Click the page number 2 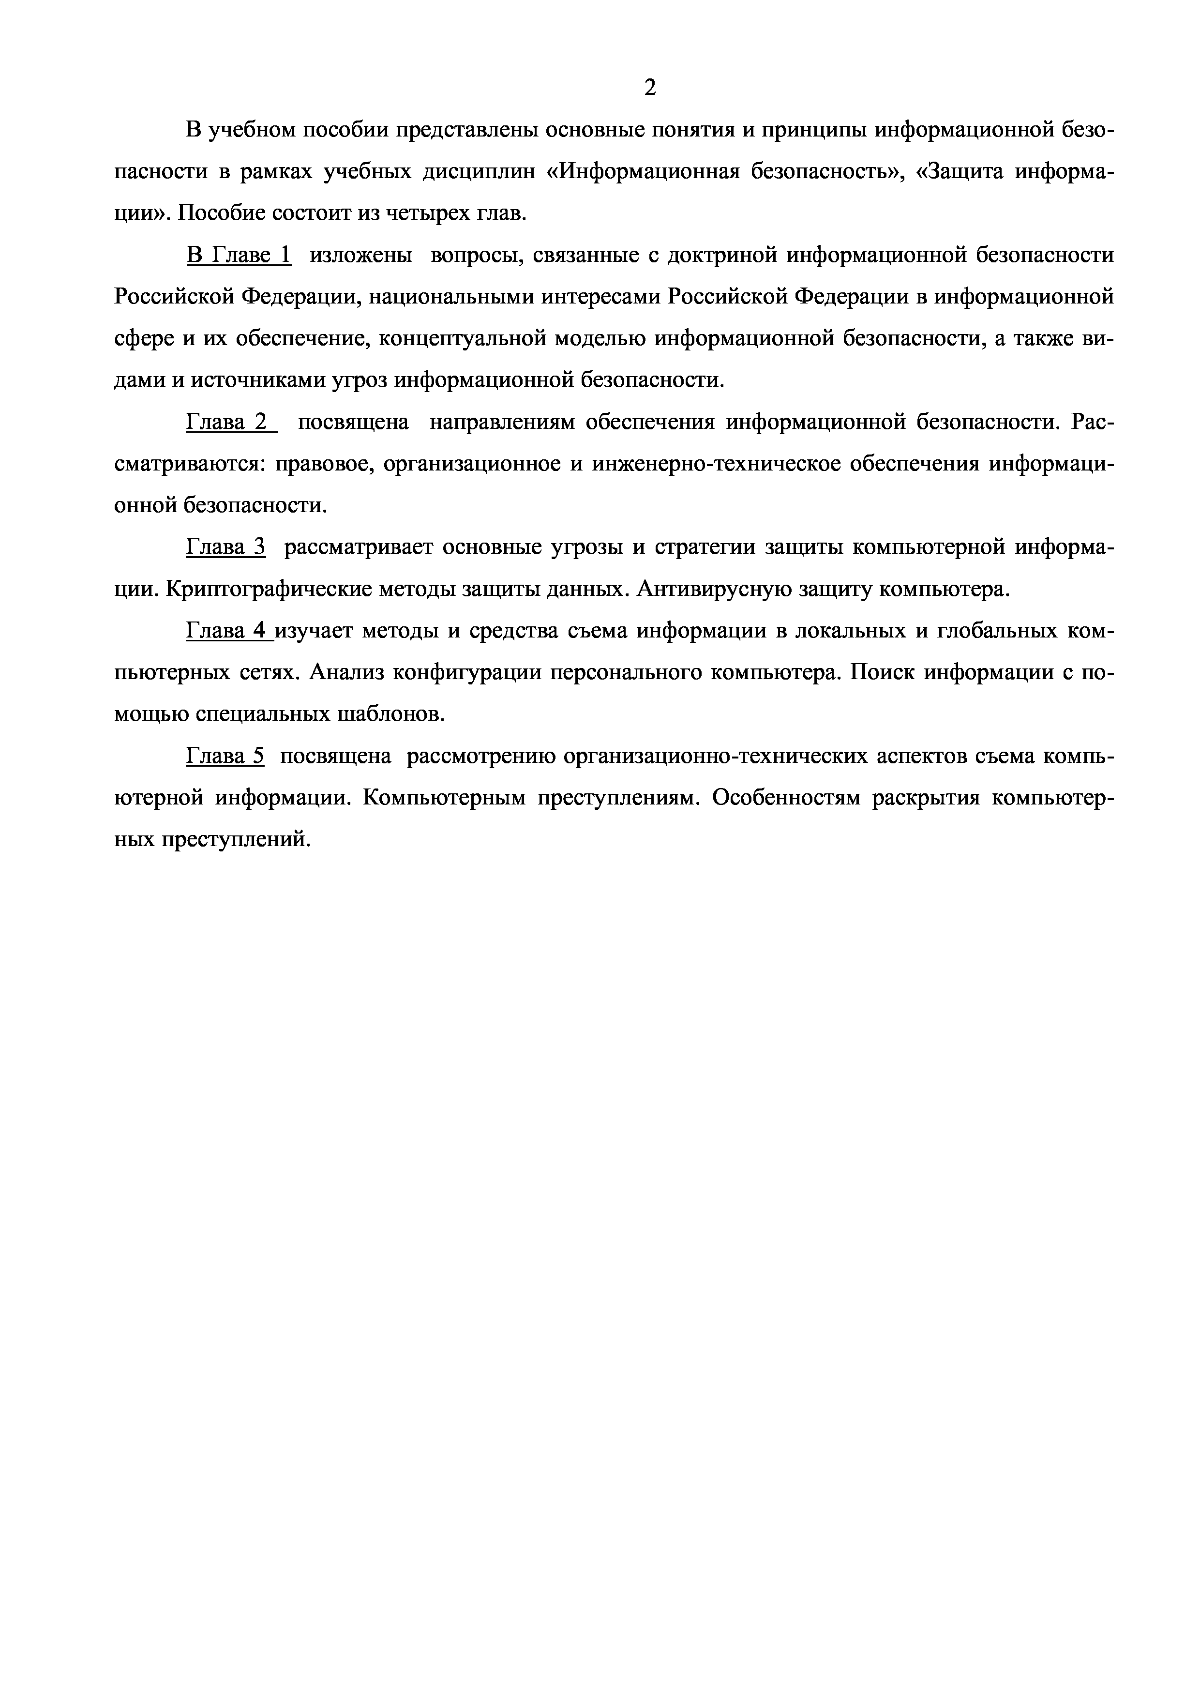point(650,88)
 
